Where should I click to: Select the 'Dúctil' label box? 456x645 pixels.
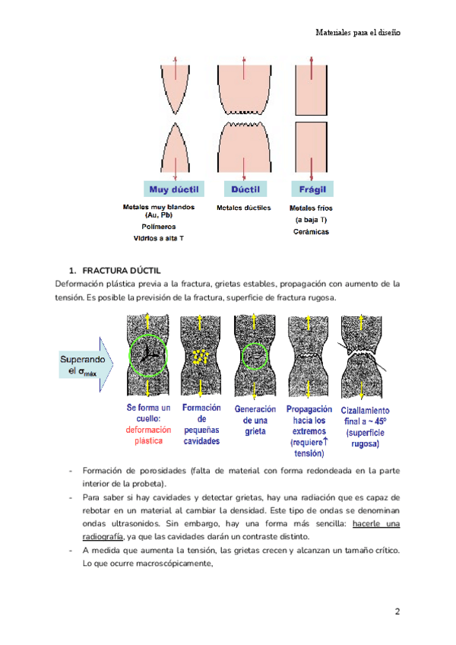click(245, 189)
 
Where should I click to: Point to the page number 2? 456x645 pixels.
click(397, 612)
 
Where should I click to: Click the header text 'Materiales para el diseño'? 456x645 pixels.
click(357, 33)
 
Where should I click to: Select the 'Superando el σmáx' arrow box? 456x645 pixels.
click(84, 365)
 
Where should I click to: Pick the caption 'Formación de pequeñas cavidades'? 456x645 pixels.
click(201, 424)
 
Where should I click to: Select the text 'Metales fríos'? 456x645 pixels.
click(311, 208)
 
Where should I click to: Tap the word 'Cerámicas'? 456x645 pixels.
click(311, 232)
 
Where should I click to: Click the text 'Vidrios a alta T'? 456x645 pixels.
click(159, 238)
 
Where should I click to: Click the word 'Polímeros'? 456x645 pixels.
click(159, 227)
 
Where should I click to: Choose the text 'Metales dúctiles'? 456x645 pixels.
click(244, 208)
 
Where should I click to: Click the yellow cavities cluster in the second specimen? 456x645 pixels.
click(201, 355)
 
